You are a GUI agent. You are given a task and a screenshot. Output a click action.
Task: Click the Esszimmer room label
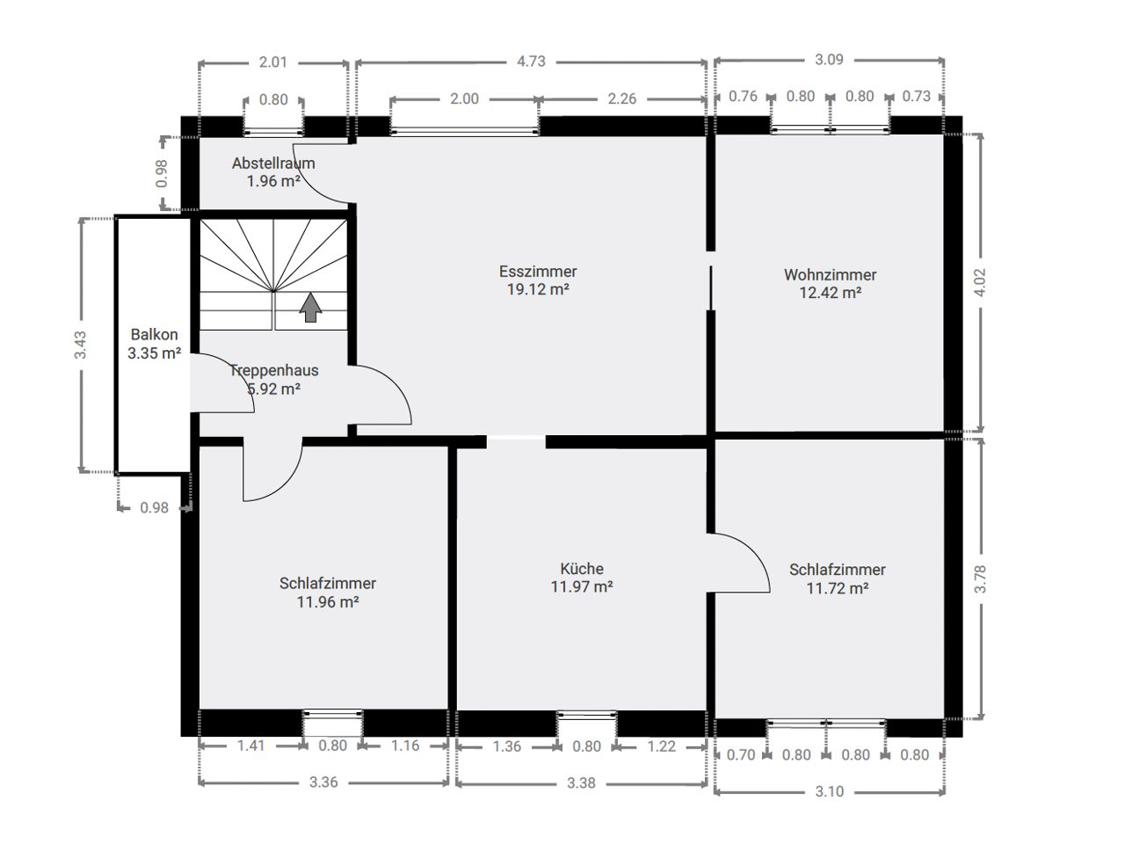pos(538,271)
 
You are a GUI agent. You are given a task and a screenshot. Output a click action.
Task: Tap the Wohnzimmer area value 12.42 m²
pos(830,293)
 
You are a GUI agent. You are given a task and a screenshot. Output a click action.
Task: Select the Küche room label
pos(582,568)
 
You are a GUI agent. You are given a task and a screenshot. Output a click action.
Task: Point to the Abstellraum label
pos(273,163)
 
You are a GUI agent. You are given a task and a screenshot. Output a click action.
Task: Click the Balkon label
pos(155,334)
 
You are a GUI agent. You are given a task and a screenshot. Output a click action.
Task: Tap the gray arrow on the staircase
pos(310,308)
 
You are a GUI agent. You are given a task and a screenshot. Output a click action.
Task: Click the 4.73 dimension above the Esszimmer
pos(531,62)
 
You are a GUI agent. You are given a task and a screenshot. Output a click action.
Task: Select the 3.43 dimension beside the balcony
pos(81,345)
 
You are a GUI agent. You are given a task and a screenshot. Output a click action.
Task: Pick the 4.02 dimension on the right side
pos(979,282)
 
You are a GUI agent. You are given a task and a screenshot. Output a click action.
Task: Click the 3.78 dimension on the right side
pos(979,579)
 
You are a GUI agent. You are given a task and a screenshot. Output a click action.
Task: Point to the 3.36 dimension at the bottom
pos(323,782)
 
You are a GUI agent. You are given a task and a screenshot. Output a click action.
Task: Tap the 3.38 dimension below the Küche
pos(581,782)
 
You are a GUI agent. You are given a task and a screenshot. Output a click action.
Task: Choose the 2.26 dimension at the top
pos(621,98)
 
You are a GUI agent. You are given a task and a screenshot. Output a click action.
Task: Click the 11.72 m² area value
pos(837,588)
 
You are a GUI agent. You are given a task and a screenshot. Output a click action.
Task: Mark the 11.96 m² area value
pos(328,601)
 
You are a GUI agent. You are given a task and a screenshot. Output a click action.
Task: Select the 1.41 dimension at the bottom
pos(250,746)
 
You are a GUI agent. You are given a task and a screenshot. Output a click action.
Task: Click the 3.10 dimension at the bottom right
pos(830,792)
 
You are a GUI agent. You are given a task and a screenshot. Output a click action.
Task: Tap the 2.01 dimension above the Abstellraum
pos(272,62)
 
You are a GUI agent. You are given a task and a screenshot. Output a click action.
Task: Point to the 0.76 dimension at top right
pos(743,97)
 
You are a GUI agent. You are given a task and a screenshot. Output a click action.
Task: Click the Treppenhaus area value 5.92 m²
pos(273,389)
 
